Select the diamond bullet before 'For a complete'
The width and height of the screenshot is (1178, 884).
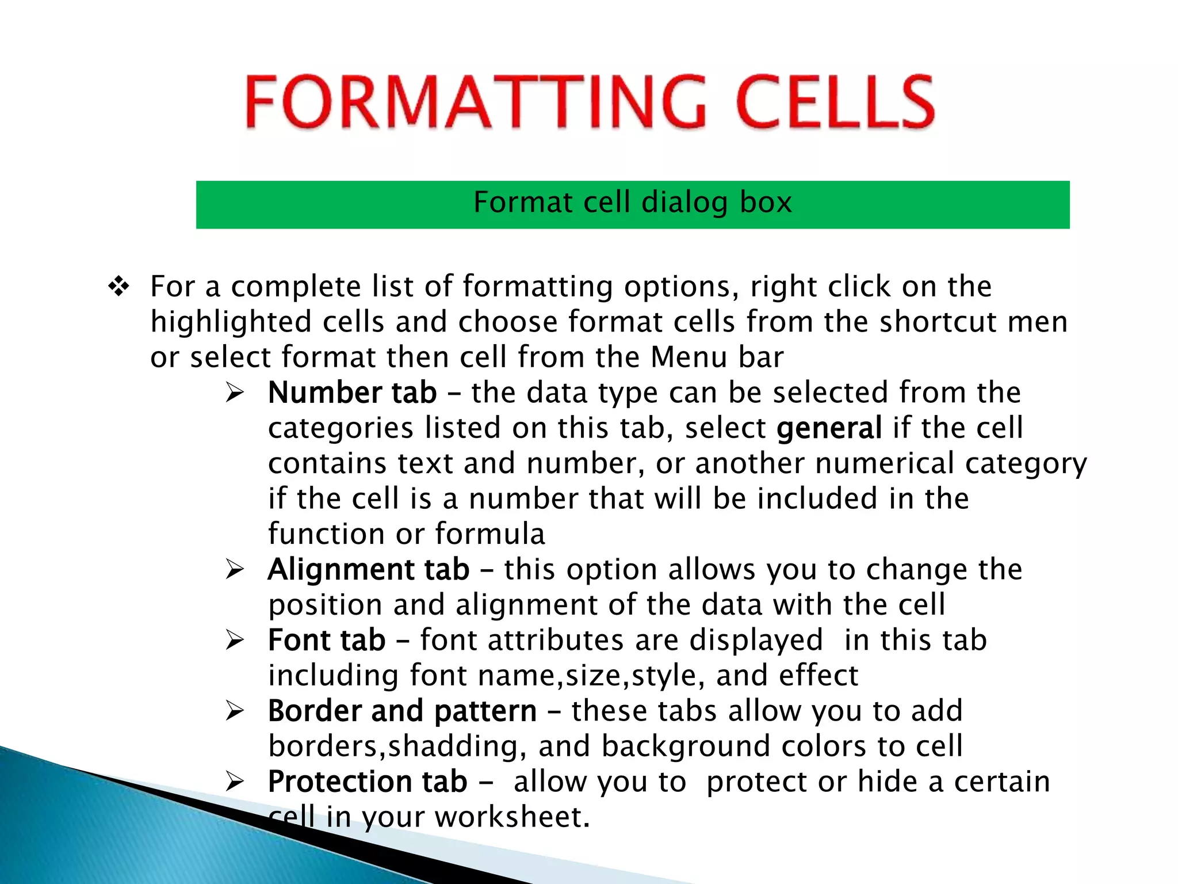119,286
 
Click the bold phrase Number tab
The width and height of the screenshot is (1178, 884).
352,393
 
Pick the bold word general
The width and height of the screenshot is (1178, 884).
829,428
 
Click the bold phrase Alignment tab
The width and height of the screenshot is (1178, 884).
369,570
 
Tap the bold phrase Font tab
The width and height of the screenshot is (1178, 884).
327,641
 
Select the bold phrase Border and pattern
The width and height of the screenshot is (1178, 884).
402,711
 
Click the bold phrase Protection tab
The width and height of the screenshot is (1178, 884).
368,782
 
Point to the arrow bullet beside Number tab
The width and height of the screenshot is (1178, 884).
235,393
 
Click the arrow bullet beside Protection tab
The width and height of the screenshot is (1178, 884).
235,782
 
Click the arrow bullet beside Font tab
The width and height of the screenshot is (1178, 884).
235,641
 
